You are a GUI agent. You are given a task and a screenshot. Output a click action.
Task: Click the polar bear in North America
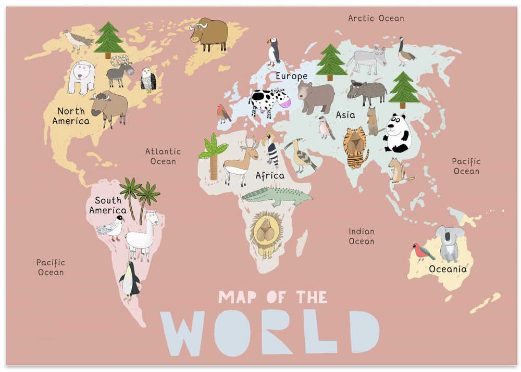pos(81,76)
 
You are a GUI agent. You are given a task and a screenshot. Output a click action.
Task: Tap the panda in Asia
pos(397,134)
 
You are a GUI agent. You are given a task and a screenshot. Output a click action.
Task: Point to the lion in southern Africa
pos(266,235)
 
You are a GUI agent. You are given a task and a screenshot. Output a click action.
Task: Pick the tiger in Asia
pos(355,147)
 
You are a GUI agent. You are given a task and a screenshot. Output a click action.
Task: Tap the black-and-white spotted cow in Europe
pos(269,101)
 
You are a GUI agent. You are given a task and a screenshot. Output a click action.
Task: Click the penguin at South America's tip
pos(130,281)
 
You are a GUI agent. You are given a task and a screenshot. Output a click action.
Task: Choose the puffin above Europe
pos(274,52)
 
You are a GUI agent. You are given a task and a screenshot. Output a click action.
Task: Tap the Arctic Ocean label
pos(376,18)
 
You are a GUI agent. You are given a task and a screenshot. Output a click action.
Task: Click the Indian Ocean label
pos(362,236)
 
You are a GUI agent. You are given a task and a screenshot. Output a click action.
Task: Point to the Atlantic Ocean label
pos(163,156)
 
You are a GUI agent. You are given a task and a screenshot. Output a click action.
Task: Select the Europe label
pos(291,76)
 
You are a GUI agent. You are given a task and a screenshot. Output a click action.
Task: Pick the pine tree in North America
pos(109,39)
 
